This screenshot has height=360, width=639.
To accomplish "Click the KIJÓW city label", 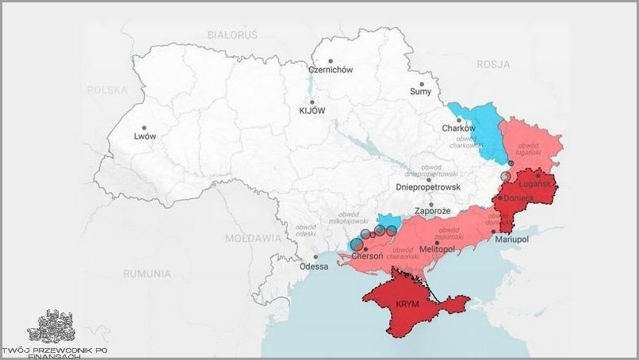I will (x=312, y=111).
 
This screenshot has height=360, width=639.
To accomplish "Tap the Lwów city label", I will (x=146, y=136).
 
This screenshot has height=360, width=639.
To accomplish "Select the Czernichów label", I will (x=331, y=70).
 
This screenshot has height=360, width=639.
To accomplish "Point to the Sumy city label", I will (x=421, y=92).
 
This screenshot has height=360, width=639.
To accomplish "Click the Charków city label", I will (x=458, y=128).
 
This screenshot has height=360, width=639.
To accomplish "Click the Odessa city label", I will (x=314, y=266).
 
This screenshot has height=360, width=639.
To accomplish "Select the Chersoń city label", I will (x=367, y=258).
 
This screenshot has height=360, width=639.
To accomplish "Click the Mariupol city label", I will (x=511, y=239).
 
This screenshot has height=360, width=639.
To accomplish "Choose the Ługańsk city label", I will (x=535, y=184).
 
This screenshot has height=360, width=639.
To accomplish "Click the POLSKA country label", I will (x=108, y=90).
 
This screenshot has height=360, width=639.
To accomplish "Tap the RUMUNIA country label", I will (x=147, y=274).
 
